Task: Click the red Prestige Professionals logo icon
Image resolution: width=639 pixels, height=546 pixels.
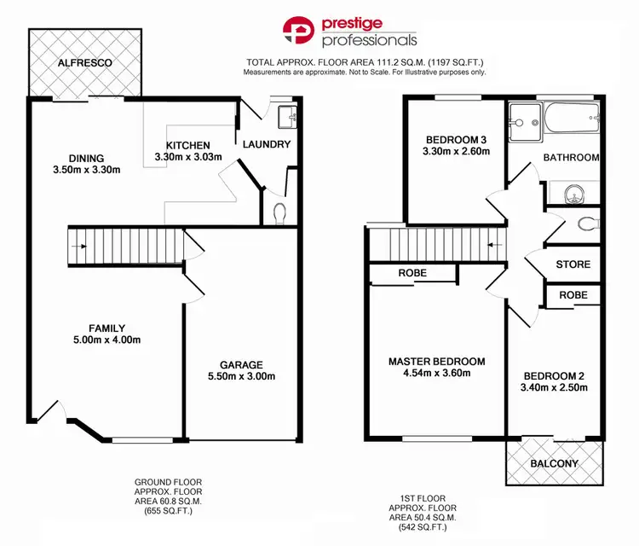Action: pyautogui.click(x=300, y=32)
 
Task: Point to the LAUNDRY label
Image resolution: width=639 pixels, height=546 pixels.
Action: pyautogui.click(x=268, y=144)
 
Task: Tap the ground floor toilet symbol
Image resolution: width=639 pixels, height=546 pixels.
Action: pyautogui.click(x=279, y=210)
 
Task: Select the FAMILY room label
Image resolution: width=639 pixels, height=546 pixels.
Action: pyautogui.click(x=107, y=328)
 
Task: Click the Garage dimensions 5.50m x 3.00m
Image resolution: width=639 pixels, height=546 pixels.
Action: pyautogui.click(x=242, y=376)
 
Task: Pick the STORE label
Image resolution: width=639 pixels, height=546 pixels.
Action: pyautogui.click(x=573, y=264)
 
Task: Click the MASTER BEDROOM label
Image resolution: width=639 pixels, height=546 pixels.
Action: pyautogui.click(x=437, y=361)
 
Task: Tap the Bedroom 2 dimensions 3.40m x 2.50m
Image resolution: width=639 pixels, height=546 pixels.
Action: pyautogui.click(x=555, y=388)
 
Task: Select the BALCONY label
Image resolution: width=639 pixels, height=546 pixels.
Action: pyautogui.click(x=554, y=463)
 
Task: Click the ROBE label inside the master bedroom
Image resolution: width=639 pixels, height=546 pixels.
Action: pyautogui.click(x=412, y=273)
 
